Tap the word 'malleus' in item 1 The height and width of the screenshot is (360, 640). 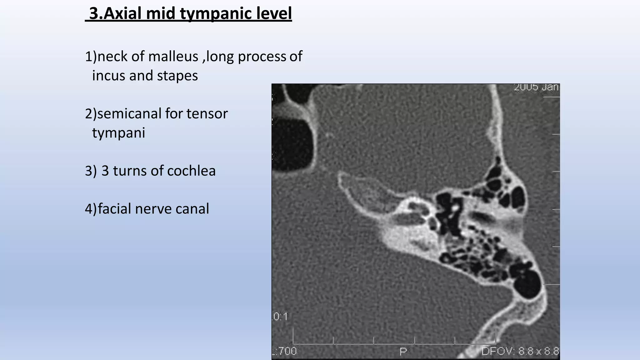pos(173,57)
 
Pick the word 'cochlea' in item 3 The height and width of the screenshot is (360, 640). pos(191,171)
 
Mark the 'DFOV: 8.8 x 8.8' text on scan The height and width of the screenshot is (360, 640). pos(520,352)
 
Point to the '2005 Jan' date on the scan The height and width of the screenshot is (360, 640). pos(536,87)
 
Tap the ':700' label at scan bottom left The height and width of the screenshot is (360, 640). pos(285,352)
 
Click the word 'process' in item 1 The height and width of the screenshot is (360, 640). pos(262,57)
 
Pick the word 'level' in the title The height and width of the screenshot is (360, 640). pos(275,14)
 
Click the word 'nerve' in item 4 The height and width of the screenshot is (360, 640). pos(153,209)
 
